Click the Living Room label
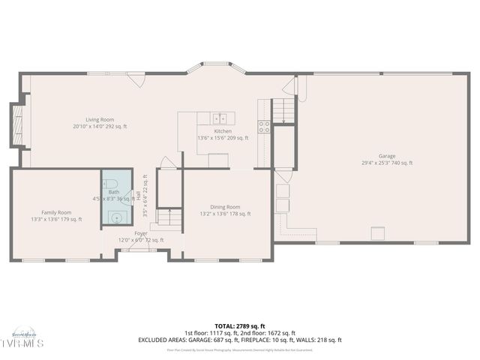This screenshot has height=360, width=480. (99, 119)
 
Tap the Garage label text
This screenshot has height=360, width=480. (387, 156)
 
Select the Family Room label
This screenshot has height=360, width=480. (56, 212)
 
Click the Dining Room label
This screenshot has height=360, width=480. (224, 207)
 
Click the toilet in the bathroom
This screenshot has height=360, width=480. (110, 184)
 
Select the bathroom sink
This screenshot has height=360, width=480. (115, 217)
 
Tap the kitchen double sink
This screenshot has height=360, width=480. (220, 118)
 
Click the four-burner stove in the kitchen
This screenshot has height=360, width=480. (264, 127)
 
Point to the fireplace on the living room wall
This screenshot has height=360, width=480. (17, 124)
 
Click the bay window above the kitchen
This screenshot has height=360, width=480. (216, 68)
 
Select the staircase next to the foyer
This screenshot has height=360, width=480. (169, 218)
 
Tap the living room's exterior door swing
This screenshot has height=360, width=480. (136, 79)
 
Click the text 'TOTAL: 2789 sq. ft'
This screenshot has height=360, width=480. (240, 326)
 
